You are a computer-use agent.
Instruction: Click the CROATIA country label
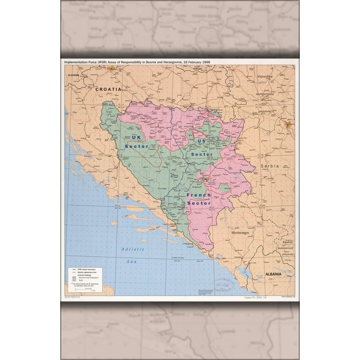point(108,89)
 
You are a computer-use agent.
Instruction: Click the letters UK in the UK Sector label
point(136,137)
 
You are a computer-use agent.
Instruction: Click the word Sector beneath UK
point(137,146)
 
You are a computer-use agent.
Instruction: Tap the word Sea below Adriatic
point(131,261)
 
